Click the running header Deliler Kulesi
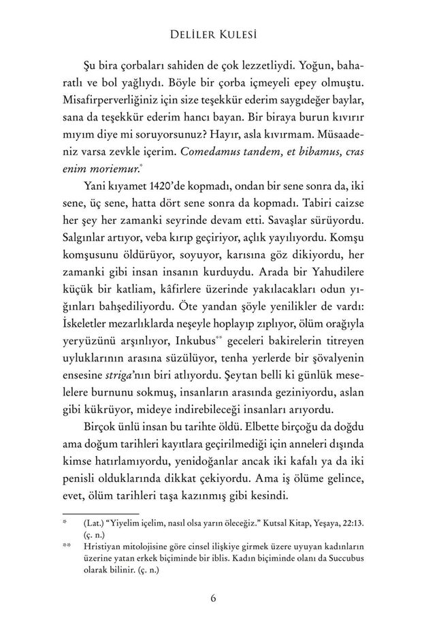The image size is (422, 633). coord(210,32)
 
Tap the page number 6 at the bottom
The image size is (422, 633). coord(213,598)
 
